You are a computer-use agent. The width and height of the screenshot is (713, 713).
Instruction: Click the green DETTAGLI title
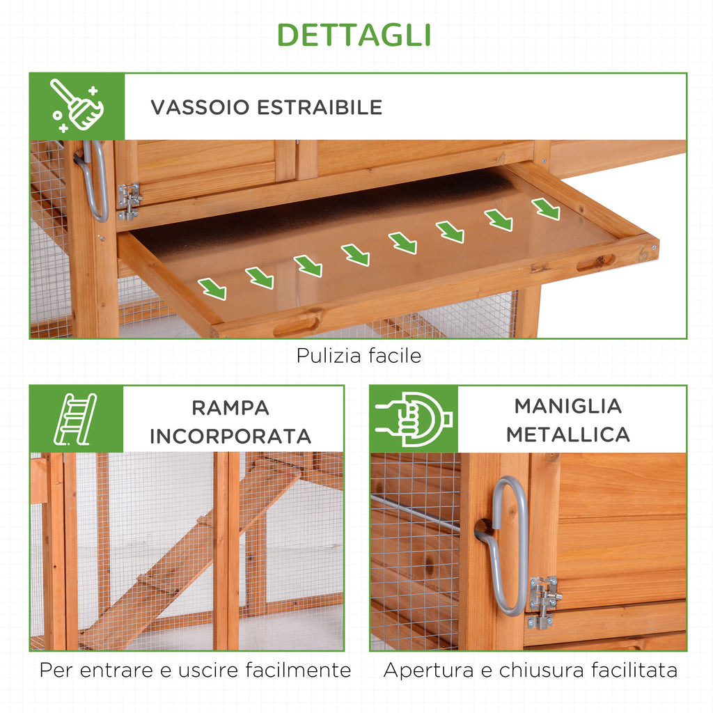point(354,35)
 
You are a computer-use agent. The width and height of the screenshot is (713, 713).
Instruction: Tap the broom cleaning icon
point(77,106)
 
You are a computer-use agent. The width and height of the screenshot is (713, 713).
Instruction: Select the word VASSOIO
point(200,107)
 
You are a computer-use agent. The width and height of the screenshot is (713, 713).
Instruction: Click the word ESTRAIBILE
point(320,107)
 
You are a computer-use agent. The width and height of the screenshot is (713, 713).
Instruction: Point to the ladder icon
point(75,418)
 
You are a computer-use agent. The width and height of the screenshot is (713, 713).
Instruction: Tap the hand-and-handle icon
point(414,418)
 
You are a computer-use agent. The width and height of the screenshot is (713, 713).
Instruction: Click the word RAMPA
point(230,408)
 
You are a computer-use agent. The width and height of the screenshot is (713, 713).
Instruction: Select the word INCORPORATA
point(230,437)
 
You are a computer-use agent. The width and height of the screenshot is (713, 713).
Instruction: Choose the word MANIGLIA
point(568,406)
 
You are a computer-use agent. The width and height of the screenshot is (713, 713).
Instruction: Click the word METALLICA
point(568,434)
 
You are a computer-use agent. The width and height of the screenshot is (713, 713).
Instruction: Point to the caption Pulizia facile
point(359,356)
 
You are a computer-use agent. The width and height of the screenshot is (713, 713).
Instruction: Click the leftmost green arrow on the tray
point(213,289)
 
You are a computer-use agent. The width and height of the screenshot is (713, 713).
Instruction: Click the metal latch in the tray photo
point(129,201)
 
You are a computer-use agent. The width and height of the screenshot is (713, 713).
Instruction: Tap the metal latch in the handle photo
point(543,602)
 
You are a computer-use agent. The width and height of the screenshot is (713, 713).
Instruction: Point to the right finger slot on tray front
point(596,263)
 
